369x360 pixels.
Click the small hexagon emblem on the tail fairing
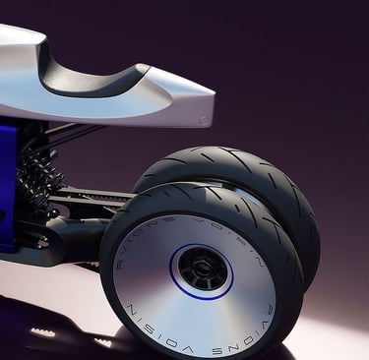point(204,120)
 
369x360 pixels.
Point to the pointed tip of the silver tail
point(215,94)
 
